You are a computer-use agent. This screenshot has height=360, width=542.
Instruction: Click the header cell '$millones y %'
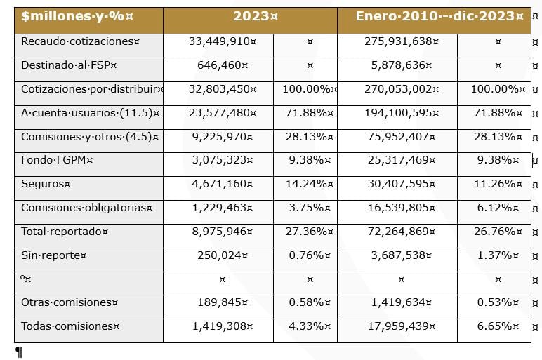tap(58, 16)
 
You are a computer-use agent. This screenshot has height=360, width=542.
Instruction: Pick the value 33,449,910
tap(219, 41)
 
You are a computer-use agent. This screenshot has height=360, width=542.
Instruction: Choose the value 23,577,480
tap(219, 113)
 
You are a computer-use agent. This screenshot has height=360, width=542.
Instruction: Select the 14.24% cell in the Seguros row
tap(305, 184)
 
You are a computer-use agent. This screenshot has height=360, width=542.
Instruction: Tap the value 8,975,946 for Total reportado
tap(219, 231)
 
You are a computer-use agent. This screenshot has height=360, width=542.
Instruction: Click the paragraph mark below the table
tap(19, 352)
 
